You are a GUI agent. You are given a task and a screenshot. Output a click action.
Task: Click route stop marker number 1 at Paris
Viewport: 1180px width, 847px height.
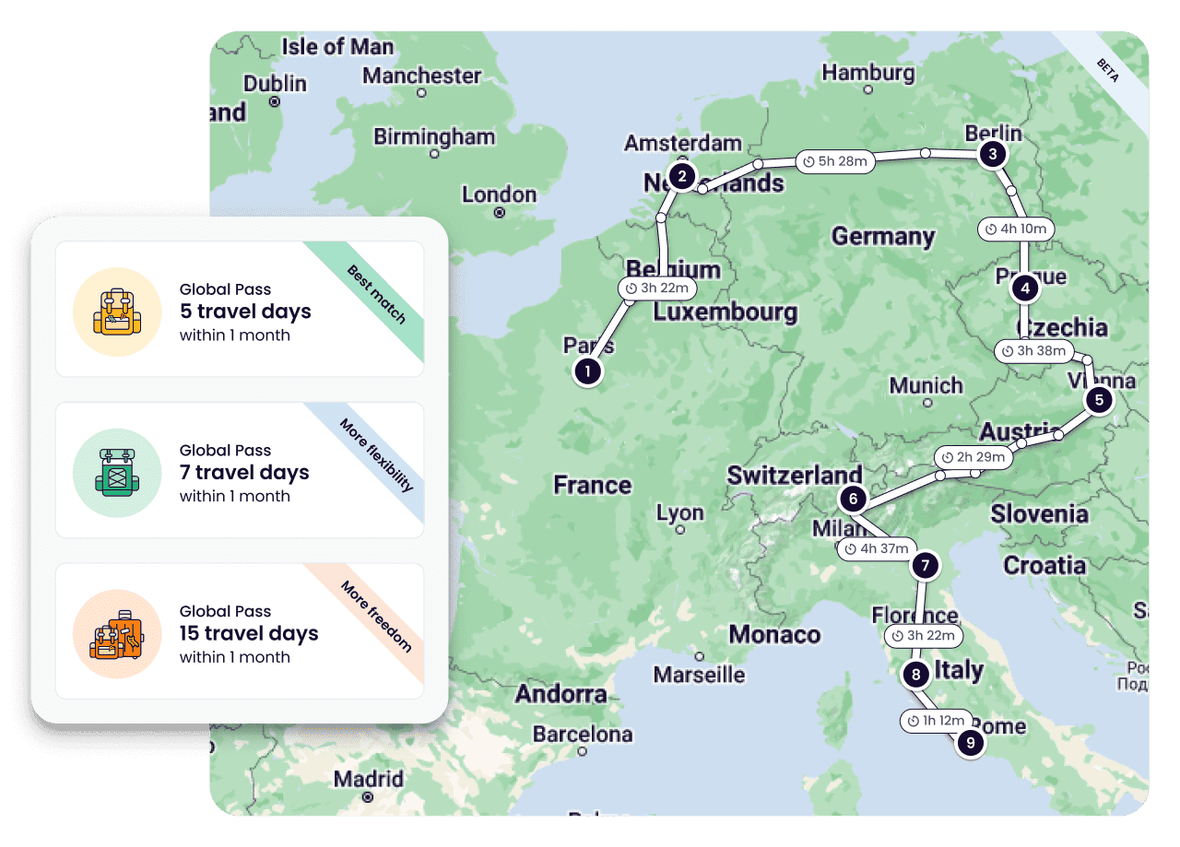[587, 371]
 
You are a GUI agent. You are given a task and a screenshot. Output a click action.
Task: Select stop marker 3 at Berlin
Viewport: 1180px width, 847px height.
[992, 154]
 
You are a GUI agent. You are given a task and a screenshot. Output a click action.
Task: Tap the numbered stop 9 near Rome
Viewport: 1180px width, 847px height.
[970, 742]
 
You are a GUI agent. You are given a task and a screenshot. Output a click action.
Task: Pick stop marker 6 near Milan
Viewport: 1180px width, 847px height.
[853, 500]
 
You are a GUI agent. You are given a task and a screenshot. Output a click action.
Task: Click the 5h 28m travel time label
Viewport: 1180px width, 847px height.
[834, 161]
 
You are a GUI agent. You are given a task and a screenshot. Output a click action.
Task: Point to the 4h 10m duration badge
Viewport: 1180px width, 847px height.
[1015, 229]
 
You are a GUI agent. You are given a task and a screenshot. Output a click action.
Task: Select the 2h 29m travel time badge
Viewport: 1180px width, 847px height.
[973, 457]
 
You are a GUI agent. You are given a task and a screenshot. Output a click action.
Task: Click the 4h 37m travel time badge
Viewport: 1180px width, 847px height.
[877, 549]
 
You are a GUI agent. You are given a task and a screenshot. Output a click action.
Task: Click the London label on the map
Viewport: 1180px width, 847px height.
[499, 194]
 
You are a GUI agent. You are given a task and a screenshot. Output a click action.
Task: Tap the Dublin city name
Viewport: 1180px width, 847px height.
[275, 84]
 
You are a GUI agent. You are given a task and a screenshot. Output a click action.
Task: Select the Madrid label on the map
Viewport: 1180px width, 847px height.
[369, 780]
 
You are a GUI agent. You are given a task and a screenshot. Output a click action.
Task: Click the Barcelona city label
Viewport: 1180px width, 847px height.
[583, 735]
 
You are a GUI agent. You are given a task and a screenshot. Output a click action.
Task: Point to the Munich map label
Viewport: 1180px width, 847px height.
[925, 385]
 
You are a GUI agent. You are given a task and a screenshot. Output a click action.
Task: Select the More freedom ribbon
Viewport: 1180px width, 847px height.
[376, 616]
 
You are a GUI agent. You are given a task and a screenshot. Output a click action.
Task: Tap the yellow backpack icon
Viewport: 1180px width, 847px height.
[117, 312]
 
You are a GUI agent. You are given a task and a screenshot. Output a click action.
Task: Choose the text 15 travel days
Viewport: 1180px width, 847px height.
[249, 634]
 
